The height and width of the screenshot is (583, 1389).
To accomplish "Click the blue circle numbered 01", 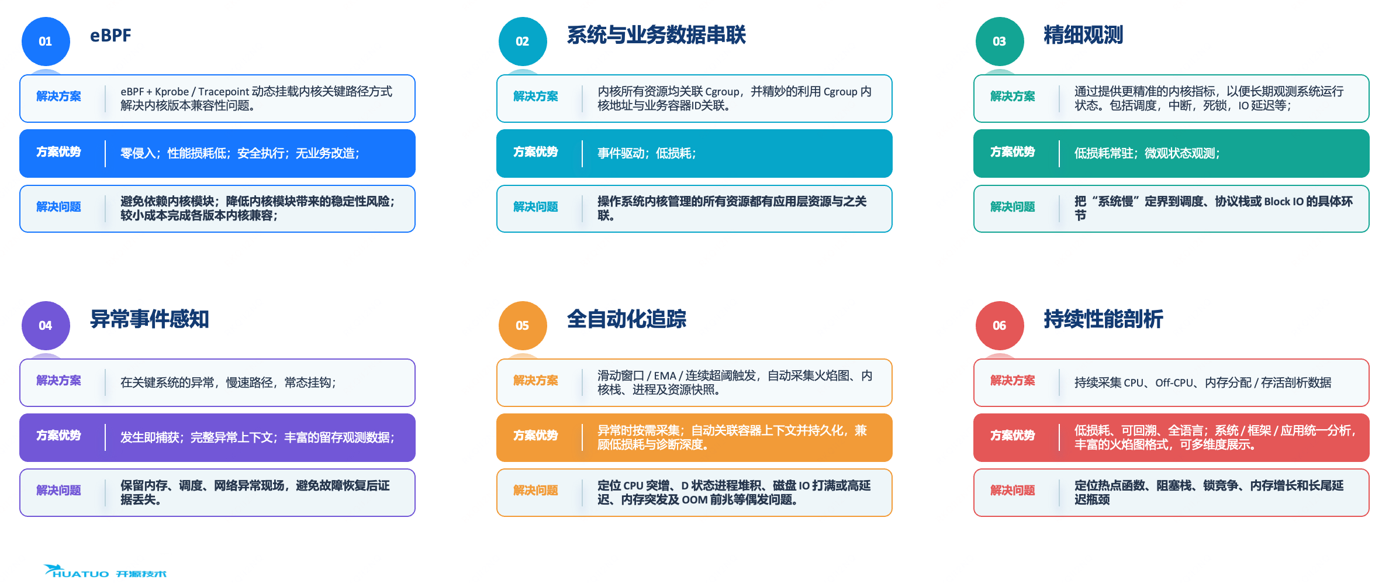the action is [46, 42].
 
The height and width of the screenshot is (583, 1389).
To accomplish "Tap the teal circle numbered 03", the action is [1000, 42].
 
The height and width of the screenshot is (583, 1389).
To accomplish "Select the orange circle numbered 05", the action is [523, 326].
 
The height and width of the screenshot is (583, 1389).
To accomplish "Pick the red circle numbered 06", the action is [1000, 326].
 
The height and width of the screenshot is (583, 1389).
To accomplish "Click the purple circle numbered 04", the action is [46, 326].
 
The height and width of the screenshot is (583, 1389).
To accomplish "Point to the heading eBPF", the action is [110, 36].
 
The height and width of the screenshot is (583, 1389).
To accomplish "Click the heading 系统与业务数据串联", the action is [656, 35].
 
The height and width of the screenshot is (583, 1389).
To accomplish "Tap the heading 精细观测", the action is [1083, 35].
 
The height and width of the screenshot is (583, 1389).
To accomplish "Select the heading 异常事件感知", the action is [149, 319].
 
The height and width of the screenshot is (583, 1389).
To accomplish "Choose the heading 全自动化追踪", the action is [626, 319].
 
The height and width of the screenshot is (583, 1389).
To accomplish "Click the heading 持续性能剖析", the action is [1103, 319].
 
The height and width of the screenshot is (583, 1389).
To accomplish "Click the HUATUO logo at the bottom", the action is [105, 571].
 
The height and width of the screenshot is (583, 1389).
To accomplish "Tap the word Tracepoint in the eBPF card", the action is [224, 92].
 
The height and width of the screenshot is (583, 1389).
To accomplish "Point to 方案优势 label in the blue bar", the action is [58, 152].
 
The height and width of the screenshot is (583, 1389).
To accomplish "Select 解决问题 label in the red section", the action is [1013, 491].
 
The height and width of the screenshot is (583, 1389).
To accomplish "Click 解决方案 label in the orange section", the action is [535, 381].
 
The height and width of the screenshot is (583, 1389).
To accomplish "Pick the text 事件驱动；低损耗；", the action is [647, 153].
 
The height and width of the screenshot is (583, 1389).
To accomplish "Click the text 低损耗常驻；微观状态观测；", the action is [1147, 153].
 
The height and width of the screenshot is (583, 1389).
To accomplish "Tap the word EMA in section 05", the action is [665, 376].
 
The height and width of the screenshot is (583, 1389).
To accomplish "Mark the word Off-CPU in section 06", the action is [1174, 383].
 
